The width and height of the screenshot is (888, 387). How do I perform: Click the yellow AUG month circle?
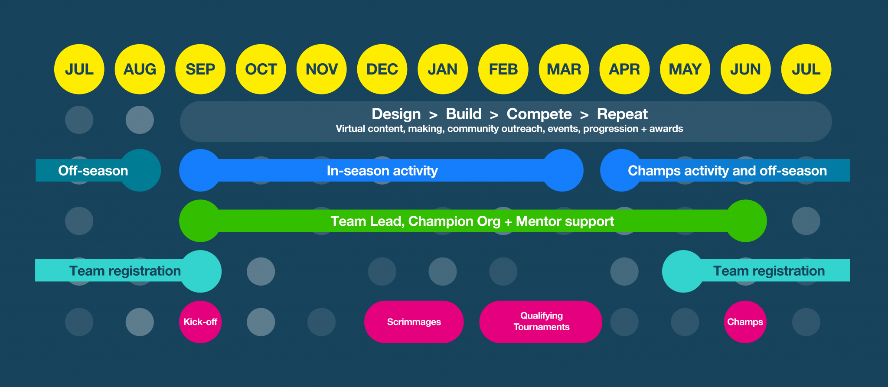click(x=140, y=69)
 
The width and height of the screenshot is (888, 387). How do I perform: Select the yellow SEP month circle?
click(x=200, y=69)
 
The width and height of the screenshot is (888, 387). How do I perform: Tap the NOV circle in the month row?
click(x=321, y=69)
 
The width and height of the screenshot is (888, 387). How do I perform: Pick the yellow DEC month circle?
click(x=382, y=69)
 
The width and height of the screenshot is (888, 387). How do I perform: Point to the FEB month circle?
click(x=503, y=69)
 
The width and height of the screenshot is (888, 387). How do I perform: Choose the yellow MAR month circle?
click(x=564, y=69)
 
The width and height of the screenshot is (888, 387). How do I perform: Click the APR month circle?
click(x=624, y=69)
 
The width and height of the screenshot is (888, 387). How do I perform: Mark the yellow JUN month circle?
click(x=745, y=69)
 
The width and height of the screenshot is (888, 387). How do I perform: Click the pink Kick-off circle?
click(x=200, y=322)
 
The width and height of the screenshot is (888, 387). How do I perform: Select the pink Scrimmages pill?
click(x=414, y=322)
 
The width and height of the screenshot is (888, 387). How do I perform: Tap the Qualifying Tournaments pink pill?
click(x=541, y=322)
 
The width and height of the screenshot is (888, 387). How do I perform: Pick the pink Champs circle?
click(x=745, y=322)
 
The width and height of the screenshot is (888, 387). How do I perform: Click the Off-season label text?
click(x=93, y=171)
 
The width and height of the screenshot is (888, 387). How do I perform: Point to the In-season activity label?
click(x=382, y=171)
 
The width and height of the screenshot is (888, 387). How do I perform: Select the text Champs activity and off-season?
click(x=727, y=171)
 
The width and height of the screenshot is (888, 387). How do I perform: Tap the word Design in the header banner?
click(x=396, y=114)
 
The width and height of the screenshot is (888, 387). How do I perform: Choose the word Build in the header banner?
click(x=464, y=114)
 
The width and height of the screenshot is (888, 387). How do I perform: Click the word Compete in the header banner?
click(x=539, y=114)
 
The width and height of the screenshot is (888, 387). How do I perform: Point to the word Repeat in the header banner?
click(x=622, y=114)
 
